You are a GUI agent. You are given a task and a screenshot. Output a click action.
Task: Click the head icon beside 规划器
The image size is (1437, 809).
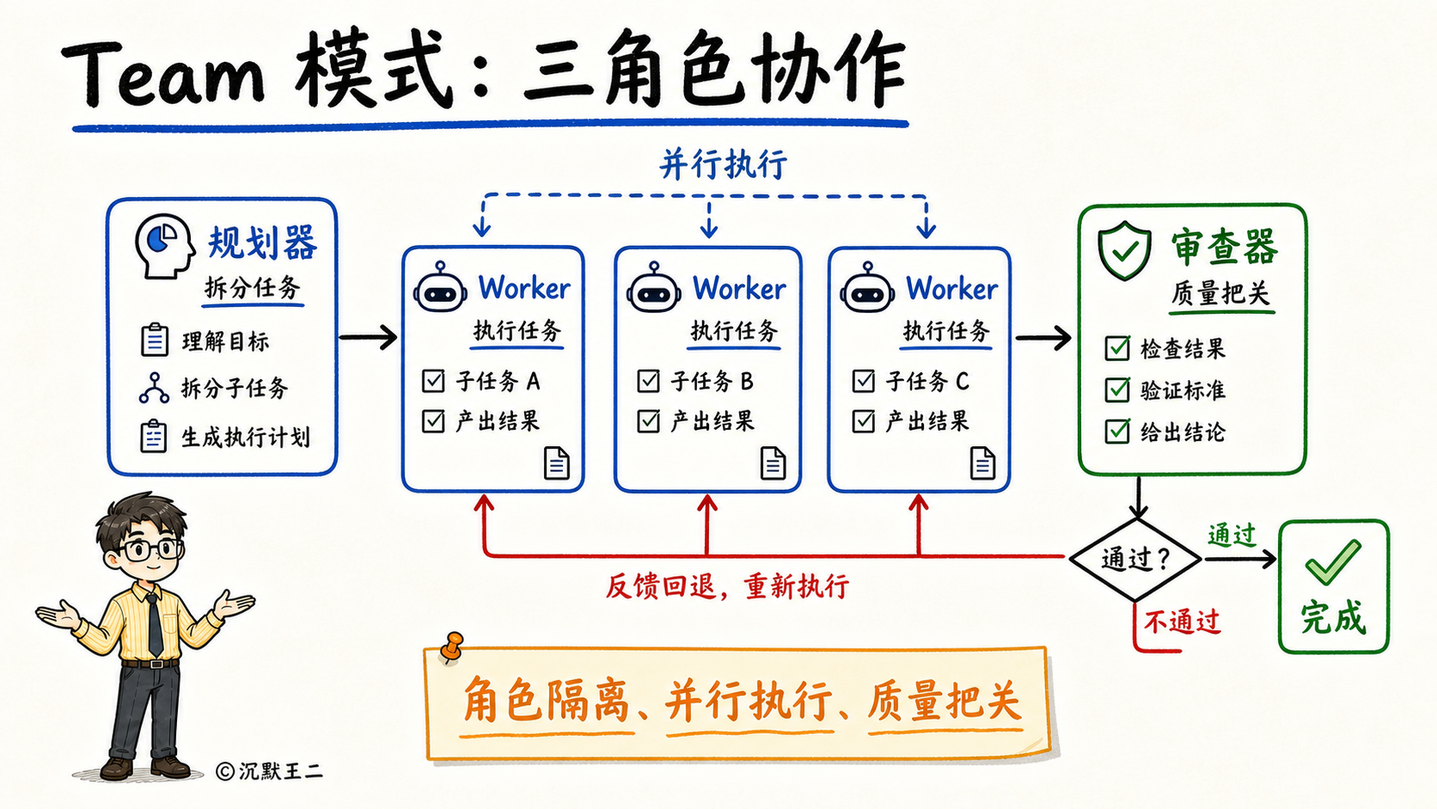point(164,247)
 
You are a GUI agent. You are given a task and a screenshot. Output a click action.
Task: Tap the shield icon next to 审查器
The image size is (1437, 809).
point(1124,251)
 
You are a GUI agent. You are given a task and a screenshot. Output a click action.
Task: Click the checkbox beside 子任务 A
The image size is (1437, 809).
point(433,381)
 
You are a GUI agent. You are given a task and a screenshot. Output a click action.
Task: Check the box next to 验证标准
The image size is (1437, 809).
point(1117,389)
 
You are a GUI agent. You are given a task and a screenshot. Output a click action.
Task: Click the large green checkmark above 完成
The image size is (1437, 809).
point(1333,562)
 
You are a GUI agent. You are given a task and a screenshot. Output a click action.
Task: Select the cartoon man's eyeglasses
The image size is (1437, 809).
point(150,550)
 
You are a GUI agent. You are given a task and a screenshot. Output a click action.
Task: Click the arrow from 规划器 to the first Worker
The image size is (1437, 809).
point(368,338)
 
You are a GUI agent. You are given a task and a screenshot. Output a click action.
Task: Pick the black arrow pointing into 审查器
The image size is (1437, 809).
point(1043,338)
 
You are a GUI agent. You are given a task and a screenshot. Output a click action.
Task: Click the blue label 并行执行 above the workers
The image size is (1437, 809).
point(723,164)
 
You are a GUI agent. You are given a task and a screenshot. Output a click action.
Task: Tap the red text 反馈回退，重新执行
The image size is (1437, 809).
point(727,586)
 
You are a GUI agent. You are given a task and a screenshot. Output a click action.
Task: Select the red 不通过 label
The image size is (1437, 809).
point(1182,622)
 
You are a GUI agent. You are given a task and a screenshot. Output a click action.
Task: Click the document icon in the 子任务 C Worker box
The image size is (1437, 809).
point(982,463)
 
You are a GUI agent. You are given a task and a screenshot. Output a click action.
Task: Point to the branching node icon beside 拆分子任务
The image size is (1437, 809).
point(154,388)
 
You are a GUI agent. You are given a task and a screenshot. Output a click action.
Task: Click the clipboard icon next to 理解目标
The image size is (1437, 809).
point(154,340)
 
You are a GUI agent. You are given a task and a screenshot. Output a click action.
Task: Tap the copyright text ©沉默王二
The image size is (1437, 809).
point(269,771)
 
